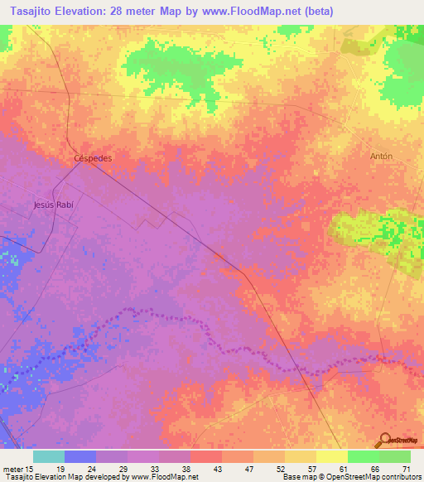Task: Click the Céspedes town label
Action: tap(93, 157)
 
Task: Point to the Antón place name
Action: tap(381, 156)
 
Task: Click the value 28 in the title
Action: tap(137, 11)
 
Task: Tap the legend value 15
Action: tap(30, 468)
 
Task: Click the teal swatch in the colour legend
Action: tap(49, 456)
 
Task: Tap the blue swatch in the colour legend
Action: tap(80, 456)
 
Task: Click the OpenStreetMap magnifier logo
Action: tap(384, 440)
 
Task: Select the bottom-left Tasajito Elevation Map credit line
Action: tap(99, 477)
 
